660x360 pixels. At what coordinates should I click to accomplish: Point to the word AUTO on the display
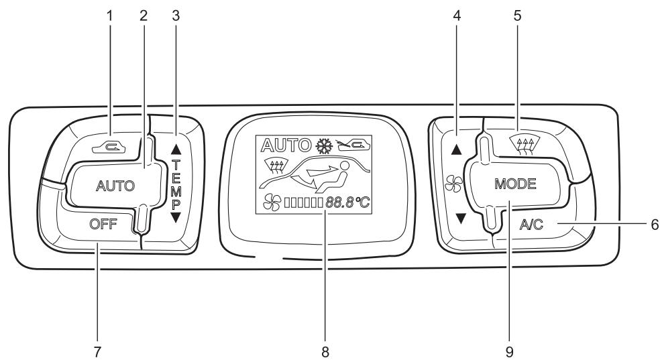[x=278, y=144]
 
